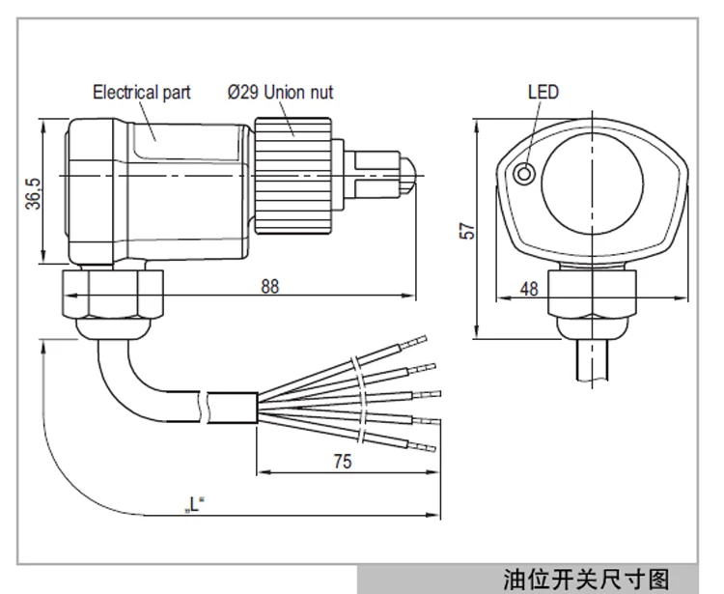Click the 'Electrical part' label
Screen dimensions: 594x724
(x=141, y=93)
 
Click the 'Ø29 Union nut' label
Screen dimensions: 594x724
(x=281, y=93)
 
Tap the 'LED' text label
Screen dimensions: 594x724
(x=543, y=93)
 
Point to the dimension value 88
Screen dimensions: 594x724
(x=268, y=287)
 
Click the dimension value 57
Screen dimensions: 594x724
(x=468, y=232)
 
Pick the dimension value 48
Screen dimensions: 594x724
(x=529, y=287)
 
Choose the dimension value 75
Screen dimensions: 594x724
(x=341, y=461)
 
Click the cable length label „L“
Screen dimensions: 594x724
(x=196, y=503)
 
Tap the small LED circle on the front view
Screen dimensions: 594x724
(x=524, y=174)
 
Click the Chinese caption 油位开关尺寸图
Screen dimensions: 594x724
(x=586, y=580)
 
